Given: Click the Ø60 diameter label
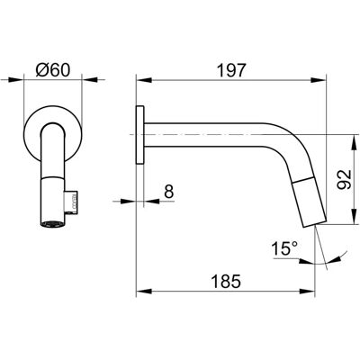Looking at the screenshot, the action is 53,70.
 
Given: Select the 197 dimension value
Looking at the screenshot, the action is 231,70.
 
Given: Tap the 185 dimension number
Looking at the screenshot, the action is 226,282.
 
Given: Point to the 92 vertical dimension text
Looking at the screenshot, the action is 343,179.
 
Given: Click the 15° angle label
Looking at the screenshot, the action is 284,248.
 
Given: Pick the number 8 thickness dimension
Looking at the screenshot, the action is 169,192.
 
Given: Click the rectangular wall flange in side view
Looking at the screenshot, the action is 140,135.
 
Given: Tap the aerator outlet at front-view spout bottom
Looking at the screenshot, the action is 52,224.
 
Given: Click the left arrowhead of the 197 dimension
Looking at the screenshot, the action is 144,80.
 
